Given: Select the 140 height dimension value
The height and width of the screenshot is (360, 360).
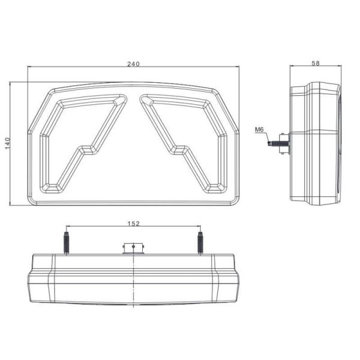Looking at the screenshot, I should [8, 142].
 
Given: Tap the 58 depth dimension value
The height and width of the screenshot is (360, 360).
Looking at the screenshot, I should [316, 63].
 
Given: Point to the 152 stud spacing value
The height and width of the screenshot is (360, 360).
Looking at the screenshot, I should [133, 223].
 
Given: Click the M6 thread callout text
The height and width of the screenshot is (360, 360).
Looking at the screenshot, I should [259, 128].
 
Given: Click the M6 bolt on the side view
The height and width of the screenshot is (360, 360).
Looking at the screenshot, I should [280, 143].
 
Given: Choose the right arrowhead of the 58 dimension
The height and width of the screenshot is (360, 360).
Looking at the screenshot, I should [340, 67].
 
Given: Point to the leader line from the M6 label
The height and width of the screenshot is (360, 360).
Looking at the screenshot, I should [267, 137].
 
